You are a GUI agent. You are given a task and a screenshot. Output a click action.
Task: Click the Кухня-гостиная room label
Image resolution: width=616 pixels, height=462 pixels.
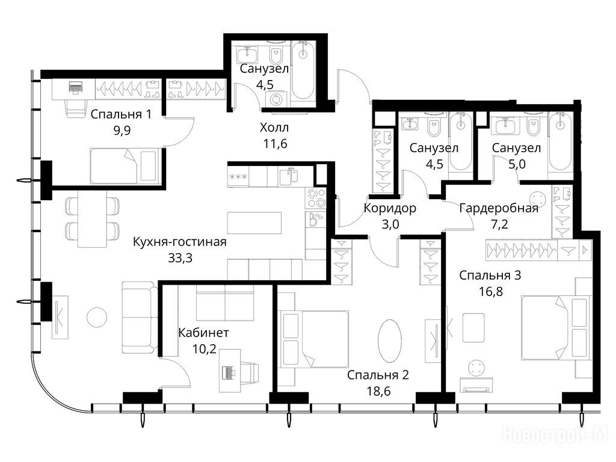pyautogui.click(x=179, y=242)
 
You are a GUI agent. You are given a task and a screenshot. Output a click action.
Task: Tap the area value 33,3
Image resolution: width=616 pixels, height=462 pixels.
pyautogui.click(x=180, y=258)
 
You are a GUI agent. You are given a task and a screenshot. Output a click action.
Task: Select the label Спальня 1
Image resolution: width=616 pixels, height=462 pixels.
pyautogui.click(x=120, y=114)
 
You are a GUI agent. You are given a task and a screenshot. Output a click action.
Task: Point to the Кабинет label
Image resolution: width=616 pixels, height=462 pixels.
pyautogui.click(x=203, y=333)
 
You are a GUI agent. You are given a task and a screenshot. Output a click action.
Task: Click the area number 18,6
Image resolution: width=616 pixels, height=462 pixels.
pyautogui.click(x=378, y=391)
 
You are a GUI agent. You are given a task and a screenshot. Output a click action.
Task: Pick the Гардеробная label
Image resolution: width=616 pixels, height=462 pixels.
pyautogui.click(x=499, y=208)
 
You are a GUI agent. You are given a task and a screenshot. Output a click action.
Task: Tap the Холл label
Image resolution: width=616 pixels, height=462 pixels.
pyautogui.click(x=274, y=128)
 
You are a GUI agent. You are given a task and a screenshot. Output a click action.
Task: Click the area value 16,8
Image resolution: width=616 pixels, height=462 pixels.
pyautogui.click(x=491, y=292)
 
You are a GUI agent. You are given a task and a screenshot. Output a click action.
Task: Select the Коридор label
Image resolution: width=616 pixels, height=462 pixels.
pyautogui.click(x=390, y=208)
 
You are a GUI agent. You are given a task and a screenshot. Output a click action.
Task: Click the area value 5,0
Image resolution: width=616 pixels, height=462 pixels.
pyautogui.click(x=517, y=164)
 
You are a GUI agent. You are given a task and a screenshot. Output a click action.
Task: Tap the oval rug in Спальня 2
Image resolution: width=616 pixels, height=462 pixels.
pyautogui.click(x=390, y=339)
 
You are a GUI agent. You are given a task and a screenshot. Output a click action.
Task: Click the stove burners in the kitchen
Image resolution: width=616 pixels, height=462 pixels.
pyautogui.click(x=316, y=199)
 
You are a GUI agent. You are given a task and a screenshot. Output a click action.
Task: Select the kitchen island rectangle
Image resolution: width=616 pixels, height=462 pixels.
pyautogui.click(x=254, y=223)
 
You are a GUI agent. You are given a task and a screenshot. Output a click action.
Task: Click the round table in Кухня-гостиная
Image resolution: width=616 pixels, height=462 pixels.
pyautogui.click(x=97, y=318)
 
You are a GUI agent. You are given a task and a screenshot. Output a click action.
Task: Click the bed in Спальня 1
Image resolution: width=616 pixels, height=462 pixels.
pyautogui.click(x=124, y=166)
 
